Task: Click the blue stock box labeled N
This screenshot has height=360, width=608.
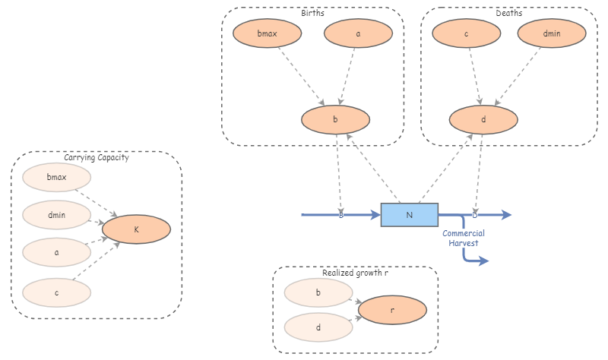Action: pyautogui.click(x=409, y=215)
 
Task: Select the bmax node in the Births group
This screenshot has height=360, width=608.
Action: pyautogui.click(x=267, y=34)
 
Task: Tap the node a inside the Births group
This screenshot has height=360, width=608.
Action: pyautogui.click(x=358, y=34)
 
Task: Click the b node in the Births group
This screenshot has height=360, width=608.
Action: pyautogui.click(x=335, y=120)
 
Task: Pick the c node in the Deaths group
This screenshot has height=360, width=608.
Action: pyautogui.click(x=467, y=34)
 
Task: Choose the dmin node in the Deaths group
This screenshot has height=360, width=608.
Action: pyautogui.click(x=552, y=34)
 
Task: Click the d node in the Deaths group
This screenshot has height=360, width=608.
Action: pyautogui.click(x=483, y=120)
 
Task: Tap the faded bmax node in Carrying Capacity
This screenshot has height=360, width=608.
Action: pyautogui.click(x=57, y=178)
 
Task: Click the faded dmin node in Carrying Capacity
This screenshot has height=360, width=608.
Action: pyautogui.click(x=57, y=215)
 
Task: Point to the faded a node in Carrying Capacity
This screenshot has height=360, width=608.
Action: pyautogui.click(x=57, y=252)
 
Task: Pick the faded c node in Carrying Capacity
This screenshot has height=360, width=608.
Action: pyautogui.click(x=57, y=291)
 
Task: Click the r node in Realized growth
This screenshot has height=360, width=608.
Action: pyautogui.click(x=392, y=310)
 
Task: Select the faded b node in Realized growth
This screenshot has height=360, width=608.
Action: pyautogui.click(x=318, y=292)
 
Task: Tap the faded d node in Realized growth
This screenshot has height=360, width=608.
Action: pyautogui.click(x=318, y=327)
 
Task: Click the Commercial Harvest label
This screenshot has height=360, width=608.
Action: pyautogui.click(x=464, y=238)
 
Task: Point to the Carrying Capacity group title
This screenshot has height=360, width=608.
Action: pyautogui.click(x=97, y=158)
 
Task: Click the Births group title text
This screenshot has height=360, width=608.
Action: pyautogui.click(x=312, y=14)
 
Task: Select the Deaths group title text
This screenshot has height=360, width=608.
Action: pyautogui.click(x=508, y=14)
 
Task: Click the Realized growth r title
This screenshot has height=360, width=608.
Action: pyautogui.click(x=355, y=273)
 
